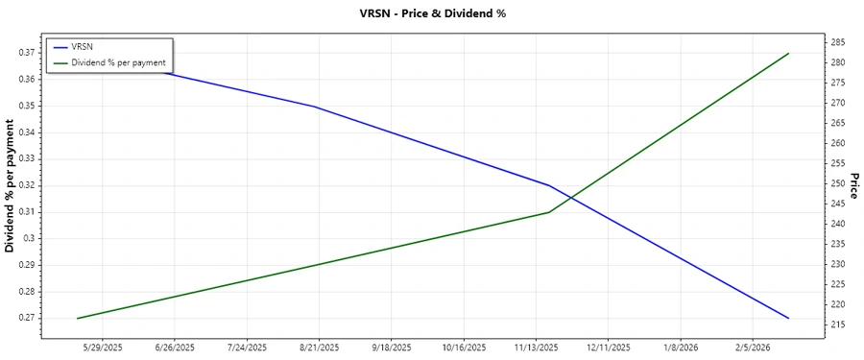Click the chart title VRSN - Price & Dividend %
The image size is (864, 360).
[431, 13]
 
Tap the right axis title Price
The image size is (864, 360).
[853, 186]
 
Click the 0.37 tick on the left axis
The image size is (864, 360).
[27, 53]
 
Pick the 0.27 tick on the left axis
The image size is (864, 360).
[27, 318]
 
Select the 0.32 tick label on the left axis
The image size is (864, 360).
[27, 185]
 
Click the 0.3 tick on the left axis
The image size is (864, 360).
[30, 238]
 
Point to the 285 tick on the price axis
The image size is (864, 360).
[837, 42]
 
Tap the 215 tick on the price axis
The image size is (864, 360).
[837, 325]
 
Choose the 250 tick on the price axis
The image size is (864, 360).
[837, 183]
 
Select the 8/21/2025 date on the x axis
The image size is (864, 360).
[319, 347]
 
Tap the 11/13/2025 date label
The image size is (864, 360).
[536, 347]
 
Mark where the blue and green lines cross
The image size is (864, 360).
[571, 198]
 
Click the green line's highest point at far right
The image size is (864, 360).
[788, 54]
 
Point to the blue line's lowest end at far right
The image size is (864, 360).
[788, 318]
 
